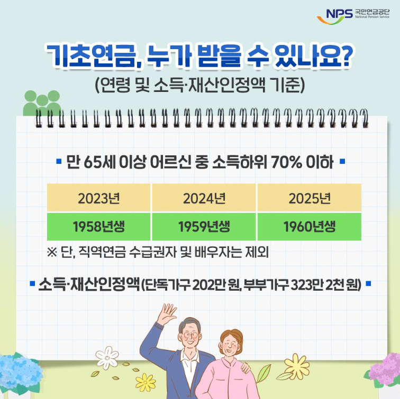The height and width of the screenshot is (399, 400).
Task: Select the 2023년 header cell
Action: [x=99, y=199]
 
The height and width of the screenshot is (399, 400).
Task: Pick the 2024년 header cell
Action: [x=204, y=199]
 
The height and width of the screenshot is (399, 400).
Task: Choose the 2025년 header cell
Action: [x=309, y=199]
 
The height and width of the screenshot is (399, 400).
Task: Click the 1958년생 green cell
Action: [x=99, y=227]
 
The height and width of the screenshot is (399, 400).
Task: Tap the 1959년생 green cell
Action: [x=204, y=227]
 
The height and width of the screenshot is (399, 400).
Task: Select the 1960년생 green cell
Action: [x=309, y=227]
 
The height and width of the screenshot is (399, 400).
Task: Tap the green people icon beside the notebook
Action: [x=41, y=104]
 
